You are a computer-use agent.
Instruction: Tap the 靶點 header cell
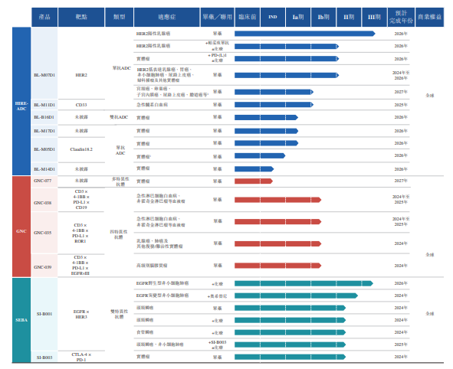click(81, 16)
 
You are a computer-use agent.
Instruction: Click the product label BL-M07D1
click(44, 75)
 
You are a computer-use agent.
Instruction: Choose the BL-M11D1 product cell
click(44, 103)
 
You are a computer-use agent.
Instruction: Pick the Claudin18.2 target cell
click(81, 149)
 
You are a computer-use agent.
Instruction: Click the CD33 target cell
click(81, 103)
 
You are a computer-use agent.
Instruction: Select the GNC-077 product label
click(44, 181)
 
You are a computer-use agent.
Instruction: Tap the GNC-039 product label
click(44, 266)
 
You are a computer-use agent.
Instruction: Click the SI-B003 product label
click(44, 357)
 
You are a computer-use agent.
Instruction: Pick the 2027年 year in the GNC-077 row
click(400, 181)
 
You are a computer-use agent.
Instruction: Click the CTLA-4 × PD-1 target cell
click(81, 357)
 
